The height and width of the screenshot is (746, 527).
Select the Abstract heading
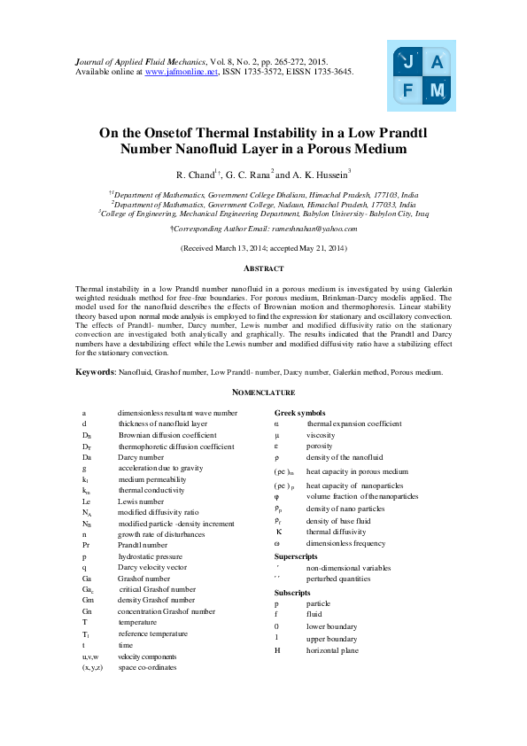(x=263, y=268)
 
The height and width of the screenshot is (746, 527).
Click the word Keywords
(x=94, y=372)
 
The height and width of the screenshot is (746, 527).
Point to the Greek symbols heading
(x=299, y=413)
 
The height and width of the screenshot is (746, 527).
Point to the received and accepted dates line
(x=263, y=248)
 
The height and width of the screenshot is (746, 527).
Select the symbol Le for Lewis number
(x=86, y=501)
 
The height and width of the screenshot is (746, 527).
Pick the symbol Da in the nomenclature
(x=87, y=456)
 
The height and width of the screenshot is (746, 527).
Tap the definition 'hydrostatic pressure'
(x=151, y=556)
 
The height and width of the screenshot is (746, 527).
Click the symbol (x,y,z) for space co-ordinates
(x=92, y=667)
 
